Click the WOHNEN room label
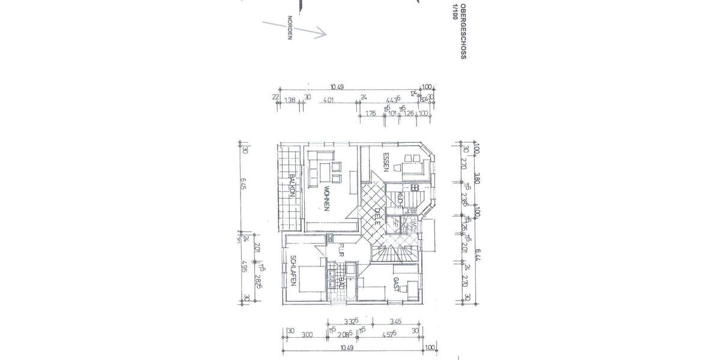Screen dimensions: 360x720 [326, 199]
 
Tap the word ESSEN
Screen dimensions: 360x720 [387, 163]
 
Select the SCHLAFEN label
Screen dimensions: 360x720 [293, 271]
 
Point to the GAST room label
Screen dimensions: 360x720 [397, 284]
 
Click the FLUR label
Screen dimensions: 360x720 [340, 250]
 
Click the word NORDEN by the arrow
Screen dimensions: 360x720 [289, 28]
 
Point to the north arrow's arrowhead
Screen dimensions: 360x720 [323, 33]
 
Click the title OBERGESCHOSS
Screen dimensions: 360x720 [463, 29]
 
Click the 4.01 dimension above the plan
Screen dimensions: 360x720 [328, 100]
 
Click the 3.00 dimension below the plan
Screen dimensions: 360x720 [307, 335]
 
